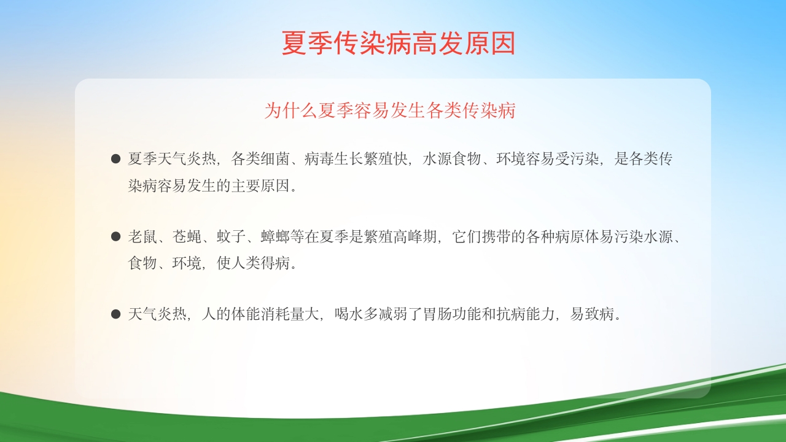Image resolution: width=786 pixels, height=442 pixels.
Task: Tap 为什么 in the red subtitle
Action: tap(290, 110)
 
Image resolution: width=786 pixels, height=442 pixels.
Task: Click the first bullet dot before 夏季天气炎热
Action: tap(115, 159)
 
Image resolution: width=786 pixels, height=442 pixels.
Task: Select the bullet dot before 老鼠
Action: tap(115, 236)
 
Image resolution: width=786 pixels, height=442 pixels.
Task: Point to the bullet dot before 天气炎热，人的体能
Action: tap(115, 314)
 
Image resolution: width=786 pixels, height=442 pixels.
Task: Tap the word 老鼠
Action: tap(142, 237)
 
